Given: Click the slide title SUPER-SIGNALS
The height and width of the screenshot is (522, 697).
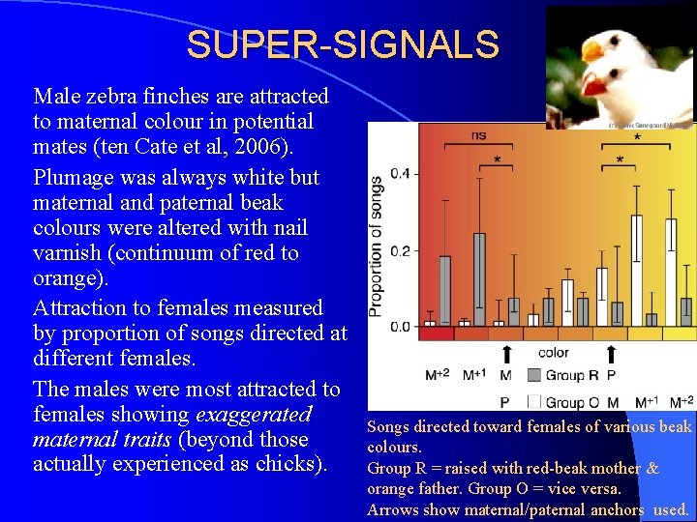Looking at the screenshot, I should coord(343,44).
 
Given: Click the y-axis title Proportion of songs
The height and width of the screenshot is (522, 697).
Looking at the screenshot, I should coord(376,246).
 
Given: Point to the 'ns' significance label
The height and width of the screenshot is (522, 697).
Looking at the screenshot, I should coord(478,136).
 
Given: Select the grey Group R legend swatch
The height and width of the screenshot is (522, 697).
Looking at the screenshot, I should coord(533,375).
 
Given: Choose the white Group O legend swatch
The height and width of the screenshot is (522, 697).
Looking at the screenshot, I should coord(533,402).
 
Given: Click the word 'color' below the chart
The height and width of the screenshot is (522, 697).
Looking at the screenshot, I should coord(553,354).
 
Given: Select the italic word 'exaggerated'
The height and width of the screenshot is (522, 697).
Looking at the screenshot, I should coord(254,415).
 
